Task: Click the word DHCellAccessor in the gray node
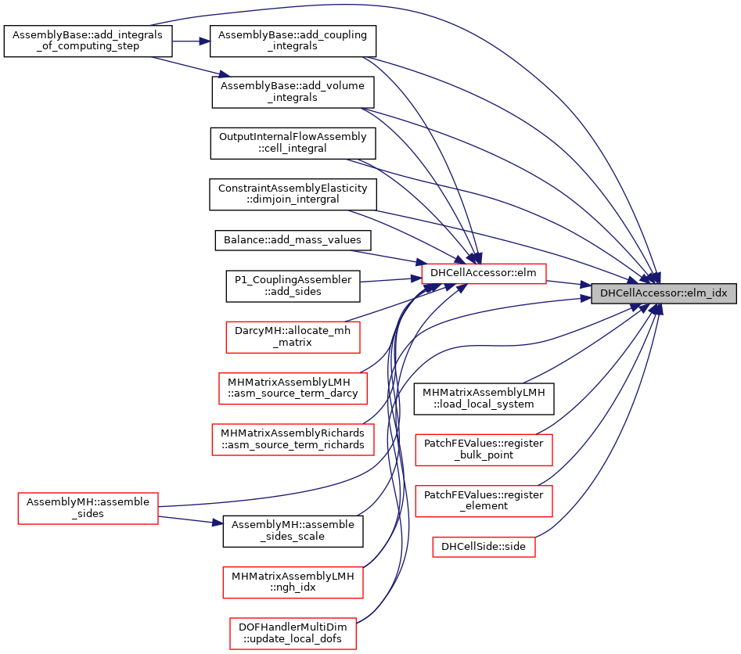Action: (637, 293)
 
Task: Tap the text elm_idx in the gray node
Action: (707, 293)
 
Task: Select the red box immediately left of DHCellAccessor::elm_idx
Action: (484, 274)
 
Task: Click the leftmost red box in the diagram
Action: (88, 508)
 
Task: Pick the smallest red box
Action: (484, 547)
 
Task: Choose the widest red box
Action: (293, 440)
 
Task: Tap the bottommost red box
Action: (293, 634)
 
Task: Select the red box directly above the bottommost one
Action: (293, 583)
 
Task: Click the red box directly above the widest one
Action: (293, 389)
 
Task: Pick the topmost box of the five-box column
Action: (293, 338)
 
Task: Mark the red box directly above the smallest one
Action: (484, 501)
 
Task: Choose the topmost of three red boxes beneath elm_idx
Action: (484, 450)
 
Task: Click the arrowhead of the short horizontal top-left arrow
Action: (205, 41)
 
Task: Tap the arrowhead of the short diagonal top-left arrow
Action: (225, 74)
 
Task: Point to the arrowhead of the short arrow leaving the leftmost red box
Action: (218, 522)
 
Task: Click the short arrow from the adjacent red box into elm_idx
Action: (567, 283)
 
